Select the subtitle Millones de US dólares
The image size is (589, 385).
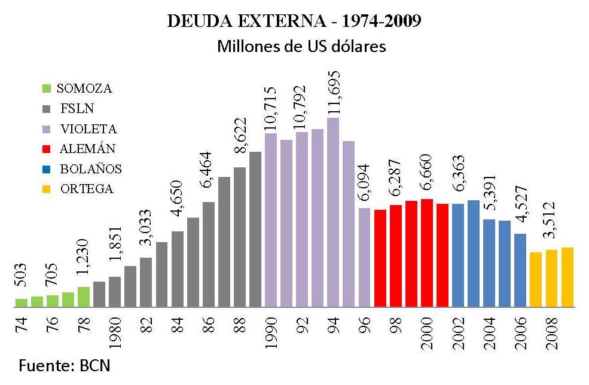click(301, 47)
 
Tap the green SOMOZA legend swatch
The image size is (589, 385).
click(46, 88)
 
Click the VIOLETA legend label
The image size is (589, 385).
click(88, 129)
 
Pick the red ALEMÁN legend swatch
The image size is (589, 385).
click(46, 149)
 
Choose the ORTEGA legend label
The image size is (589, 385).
click(87, 189)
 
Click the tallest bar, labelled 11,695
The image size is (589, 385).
click(333, 212)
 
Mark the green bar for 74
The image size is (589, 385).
click(22, 302)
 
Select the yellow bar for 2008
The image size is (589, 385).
click(551, 278)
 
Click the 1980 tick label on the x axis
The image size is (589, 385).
click(115, 332)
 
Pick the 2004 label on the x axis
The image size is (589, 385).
click(489, 332)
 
